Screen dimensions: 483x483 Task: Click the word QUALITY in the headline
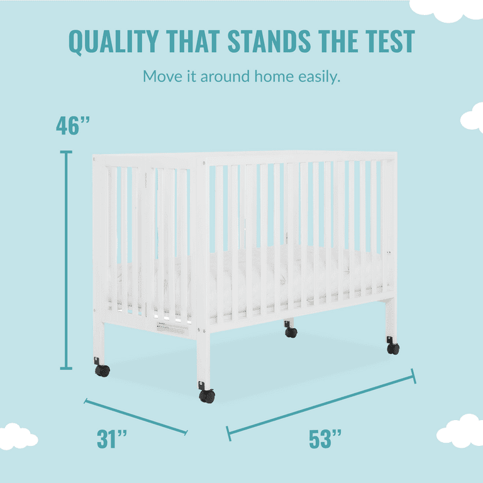click(113, 42)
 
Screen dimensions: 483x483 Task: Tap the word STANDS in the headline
click(269, 41)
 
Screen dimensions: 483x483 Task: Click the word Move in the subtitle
click(162, 76)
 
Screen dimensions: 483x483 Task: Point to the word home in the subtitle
click(274, 76)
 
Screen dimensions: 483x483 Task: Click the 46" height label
click(73, 126)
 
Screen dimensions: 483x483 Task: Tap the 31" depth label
click(111, 439)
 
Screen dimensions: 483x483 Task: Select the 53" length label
click(325, 439)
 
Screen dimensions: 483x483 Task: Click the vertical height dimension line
click(66, 260)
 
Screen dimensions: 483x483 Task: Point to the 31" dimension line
click(136, 416)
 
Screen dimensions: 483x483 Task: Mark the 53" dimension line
click(321, 405)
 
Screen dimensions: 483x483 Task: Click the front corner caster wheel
click(207, 392)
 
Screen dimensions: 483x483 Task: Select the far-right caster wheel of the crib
click(392, 346)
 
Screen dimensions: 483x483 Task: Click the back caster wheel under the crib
click(291, 330)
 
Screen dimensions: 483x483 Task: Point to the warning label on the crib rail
click(172, 328)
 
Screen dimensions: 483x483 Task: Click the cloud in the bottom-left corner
click(18, 436)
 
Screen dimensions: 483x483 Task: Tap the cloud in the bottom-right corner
click(460, 431)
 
